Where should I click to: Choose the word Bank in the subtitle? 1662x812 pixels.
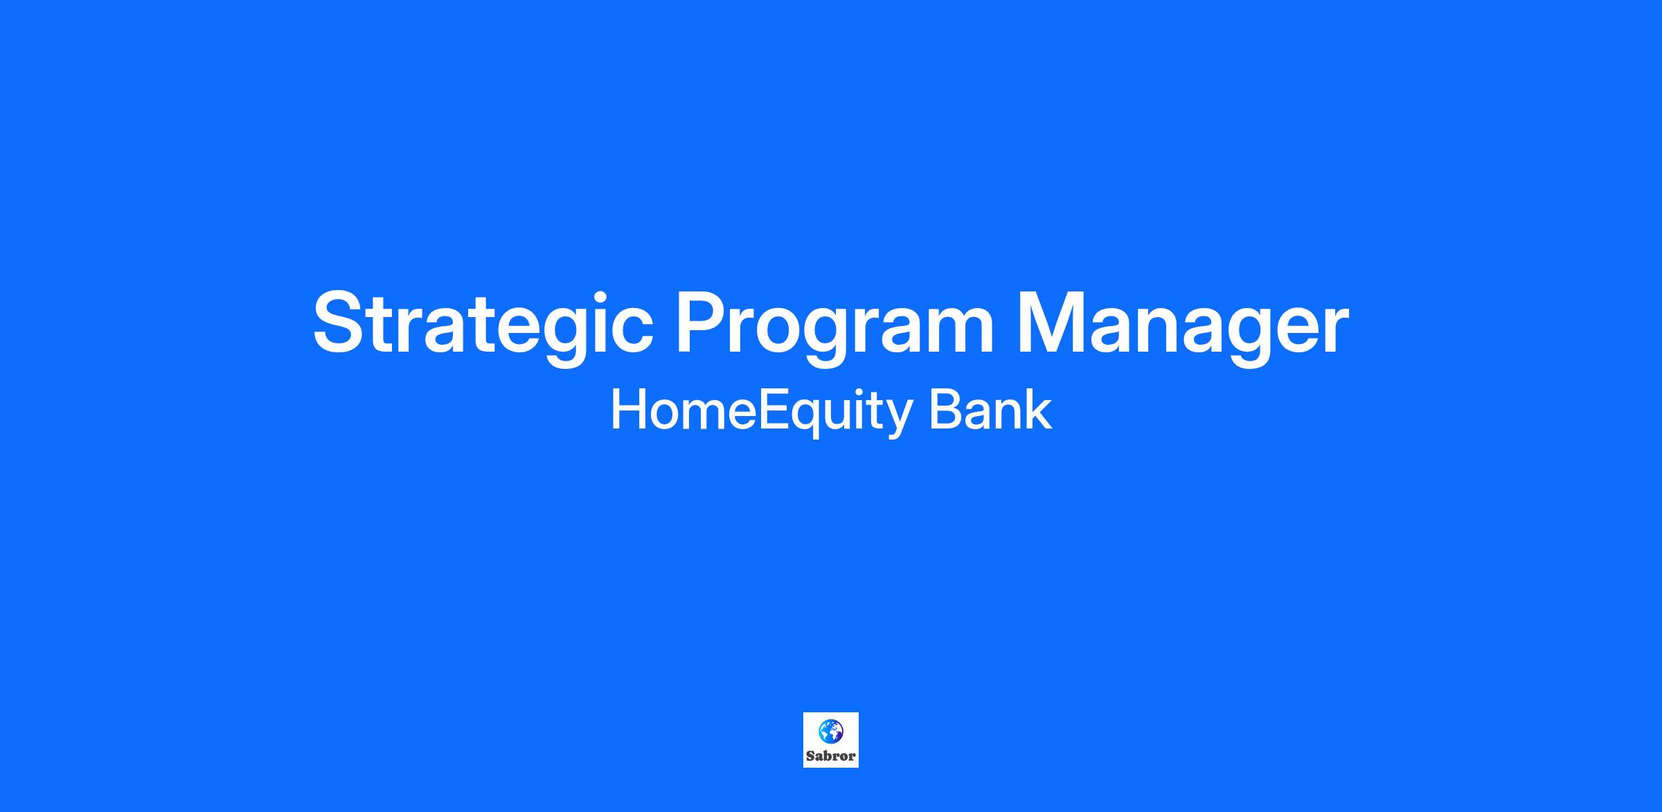point(990,410)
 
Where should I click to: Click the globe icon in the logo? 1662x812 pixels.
point(830,731)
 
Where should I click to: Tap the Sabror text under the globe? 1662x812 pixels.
point(831,757)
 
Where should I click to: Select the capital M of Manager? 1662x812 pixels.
point(1050,321)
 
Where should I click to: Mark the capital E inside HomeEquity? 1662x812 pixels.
point(773,410)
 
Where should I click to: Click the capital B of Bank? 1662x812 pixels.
point(945,410)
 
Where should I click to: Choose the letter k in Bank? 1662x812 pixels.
point(1039,410)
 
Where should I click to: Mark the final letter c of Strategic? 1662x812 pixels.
point(631,330)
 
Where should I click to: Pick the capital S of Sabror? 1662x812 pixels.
point(810,757)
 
